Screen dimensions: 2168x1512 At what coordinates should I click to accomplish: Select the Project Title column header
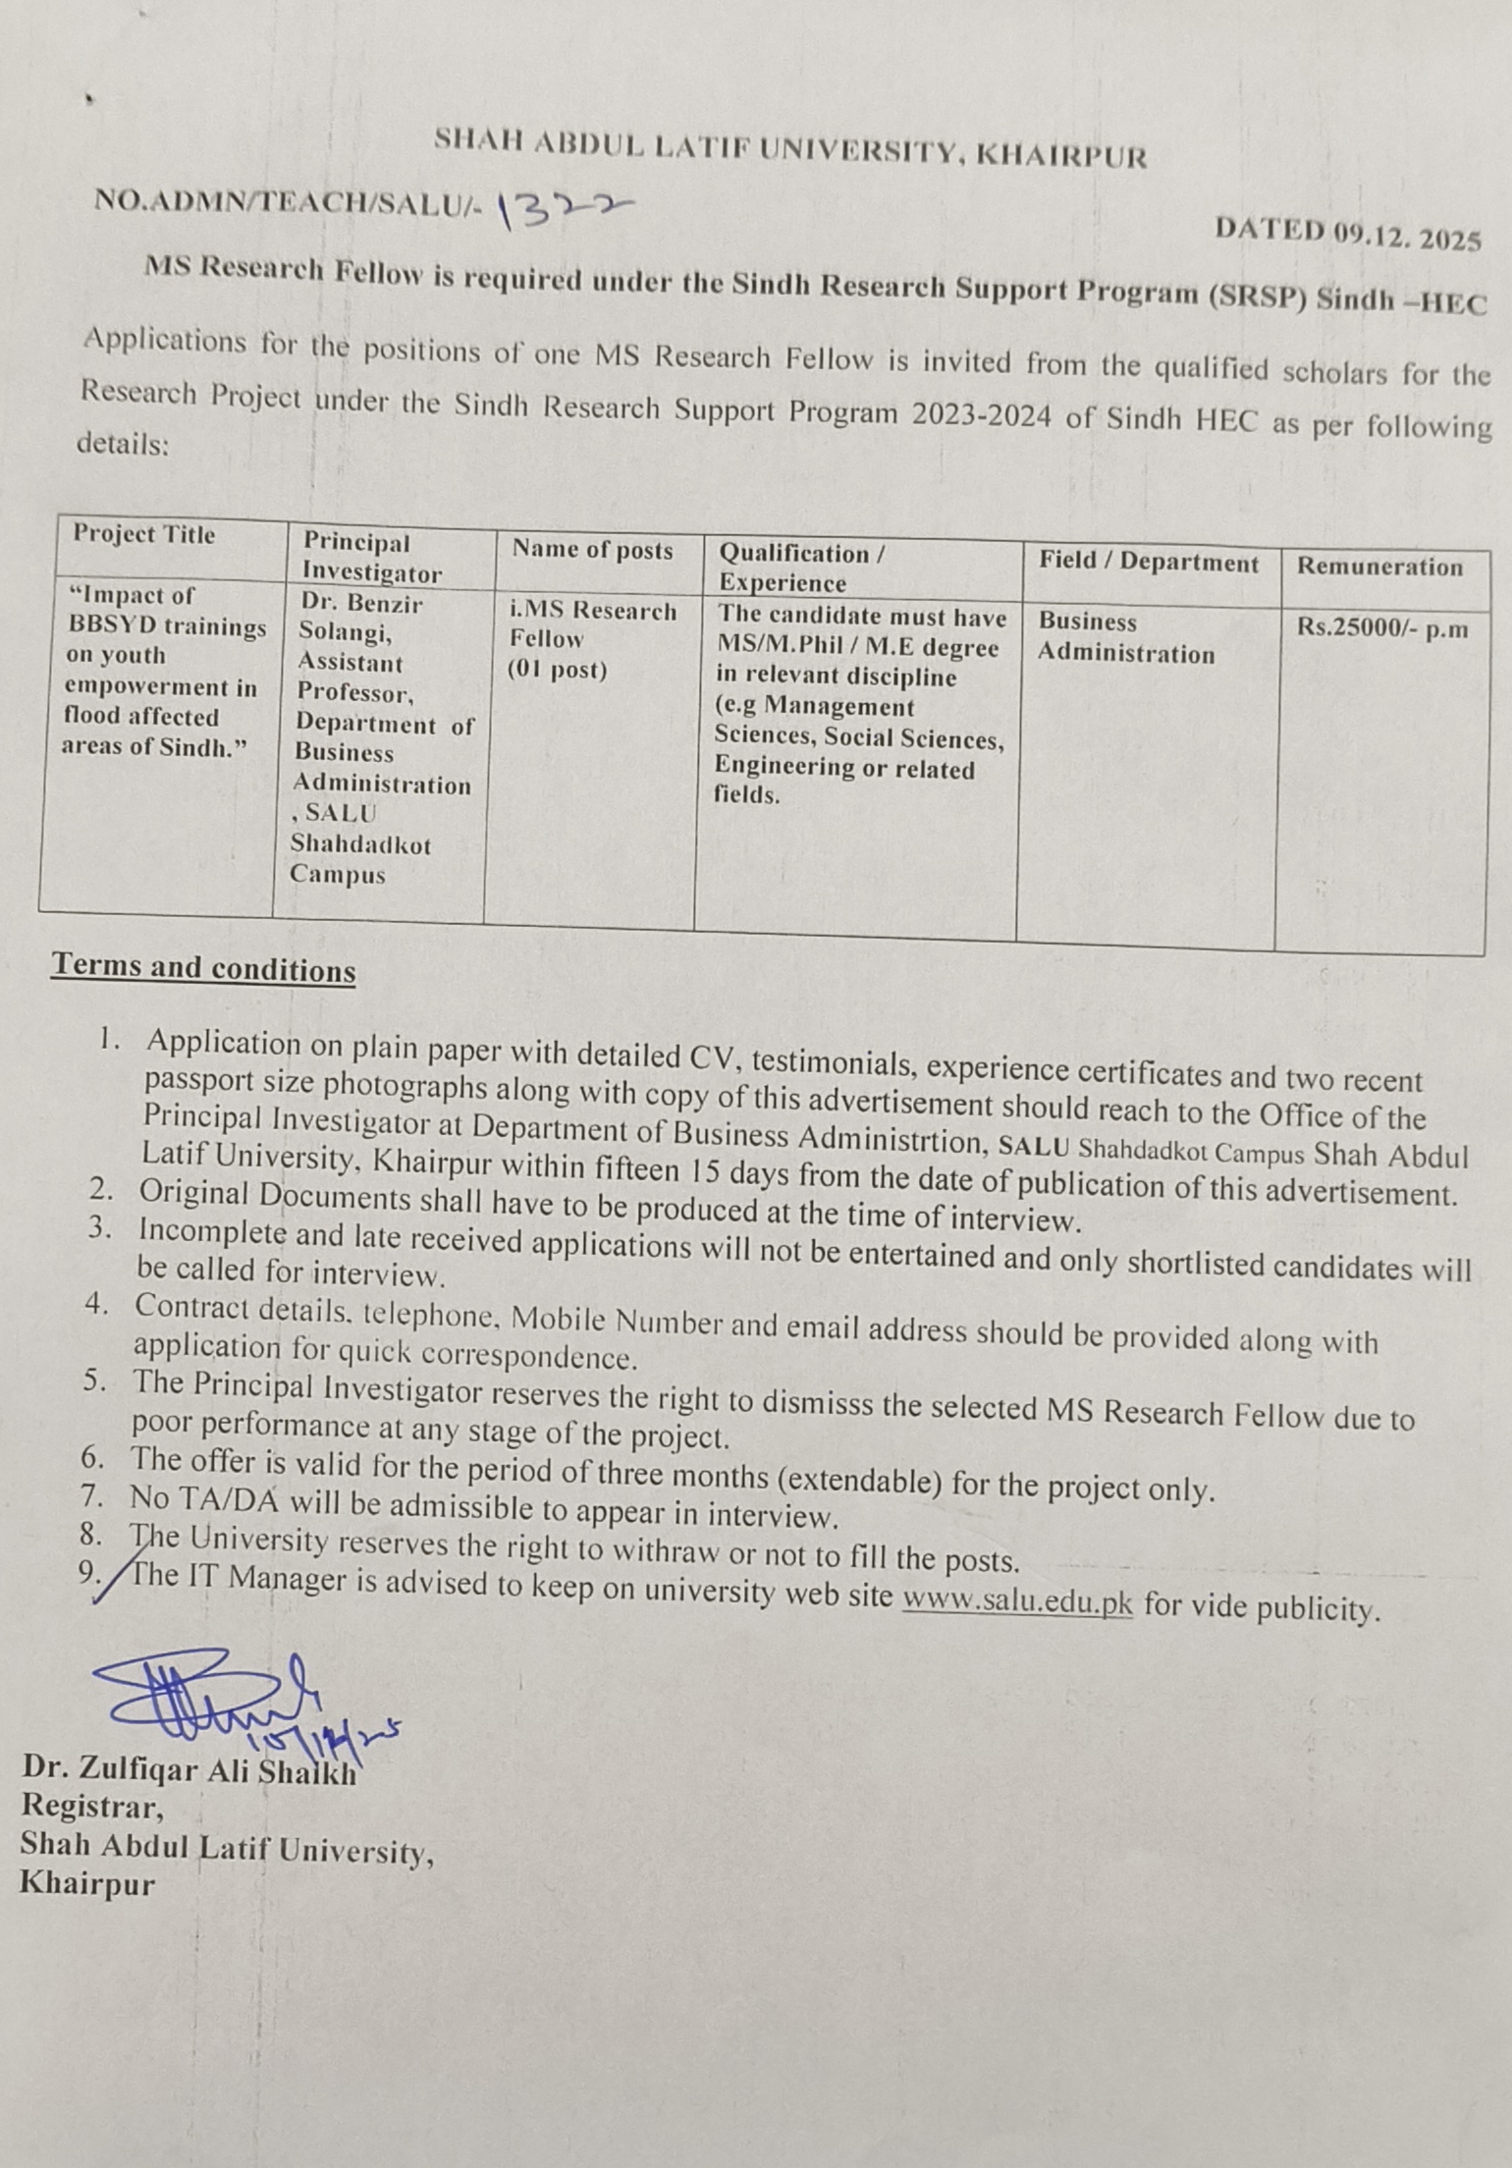(x=143, y=535)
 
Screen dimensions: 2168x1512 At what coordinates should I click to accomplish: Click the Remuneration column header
(x=1379, y=567)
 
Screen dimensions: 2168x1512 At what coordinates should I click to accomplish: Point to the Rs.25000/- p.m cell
(x=1382, y=628)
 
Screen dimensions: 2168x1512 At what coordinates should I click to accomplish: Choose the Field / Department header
(x=1149, y=562)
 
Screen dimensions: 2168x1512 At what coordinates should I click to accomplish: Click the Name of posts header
(x=592, y=550)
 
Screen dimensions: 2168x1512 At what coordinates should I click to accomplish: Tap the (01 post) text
(x=557, y=671)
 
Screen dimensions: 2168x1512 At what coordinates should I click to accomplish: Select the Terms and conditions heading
(x=204, y=968)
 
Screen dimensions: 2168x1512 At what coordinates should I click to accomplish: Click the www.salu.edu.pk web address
(x=1017, y=1602)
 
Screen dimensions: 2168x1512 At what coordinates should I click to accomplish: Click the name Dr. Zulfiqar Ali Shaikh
(x=189, y=1769)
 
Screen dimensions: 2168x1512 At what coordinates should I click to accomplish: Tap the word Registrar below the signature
(x=92, y=1807)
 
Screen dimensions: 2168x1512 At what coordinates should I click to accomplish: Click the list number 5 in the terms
(x=94, y=1381)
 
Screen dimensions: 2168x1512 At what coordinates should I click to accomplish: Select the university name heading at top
(x=790, y=149)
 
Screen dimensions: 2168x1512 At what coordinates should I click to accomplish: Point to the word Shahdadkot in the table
(x=360, y=844)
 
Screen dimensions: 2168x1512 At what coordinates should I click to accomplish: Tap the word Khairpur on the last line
(x=87, y=1884)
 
